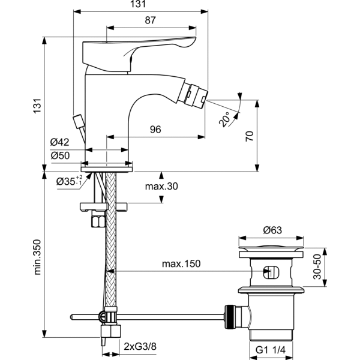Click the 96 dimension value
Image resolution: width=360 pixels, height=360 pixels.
pyautogui.click(x=155, y=129)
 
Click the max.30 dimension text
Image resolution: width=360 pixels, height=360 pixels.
pyautogui.click(x=162, y=187)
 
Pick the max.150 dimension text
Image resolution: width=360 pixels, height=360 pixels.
pyautogui.click(x=181, y=264)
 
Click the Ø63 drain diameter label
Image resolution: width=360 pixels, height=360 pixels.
pyautogui.click(x=274, y=230)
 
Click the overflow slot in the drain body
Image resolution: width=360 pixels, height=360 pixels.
pyautogui.click(x=271, y=272)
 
